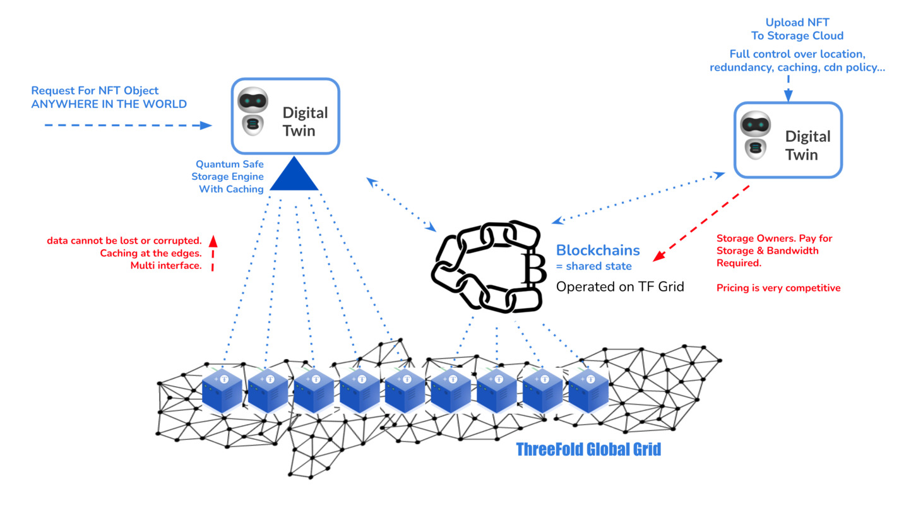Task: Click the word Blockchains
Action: (x=597, y=250)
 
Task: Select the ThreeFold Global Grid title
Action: (x=588, y=450)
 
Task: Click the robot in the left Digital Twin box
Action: (x=253, y=112)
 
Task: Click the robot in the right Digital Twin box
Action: (x=755, y=136)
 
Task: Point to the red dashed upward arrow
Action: (x=213, y=252)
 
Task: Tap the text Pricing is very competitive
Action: (x=778, y=288)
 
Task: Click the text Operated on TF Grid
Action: (x=619, y=286)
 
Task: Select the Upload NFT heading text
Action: (x=797, y=23)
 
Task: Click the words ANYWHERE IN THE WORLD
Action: (x=109, y=104)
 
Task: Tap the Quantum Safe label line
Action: (x=229, y=164)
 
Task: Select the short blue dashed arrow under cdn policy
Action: (x=788, y=88)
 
